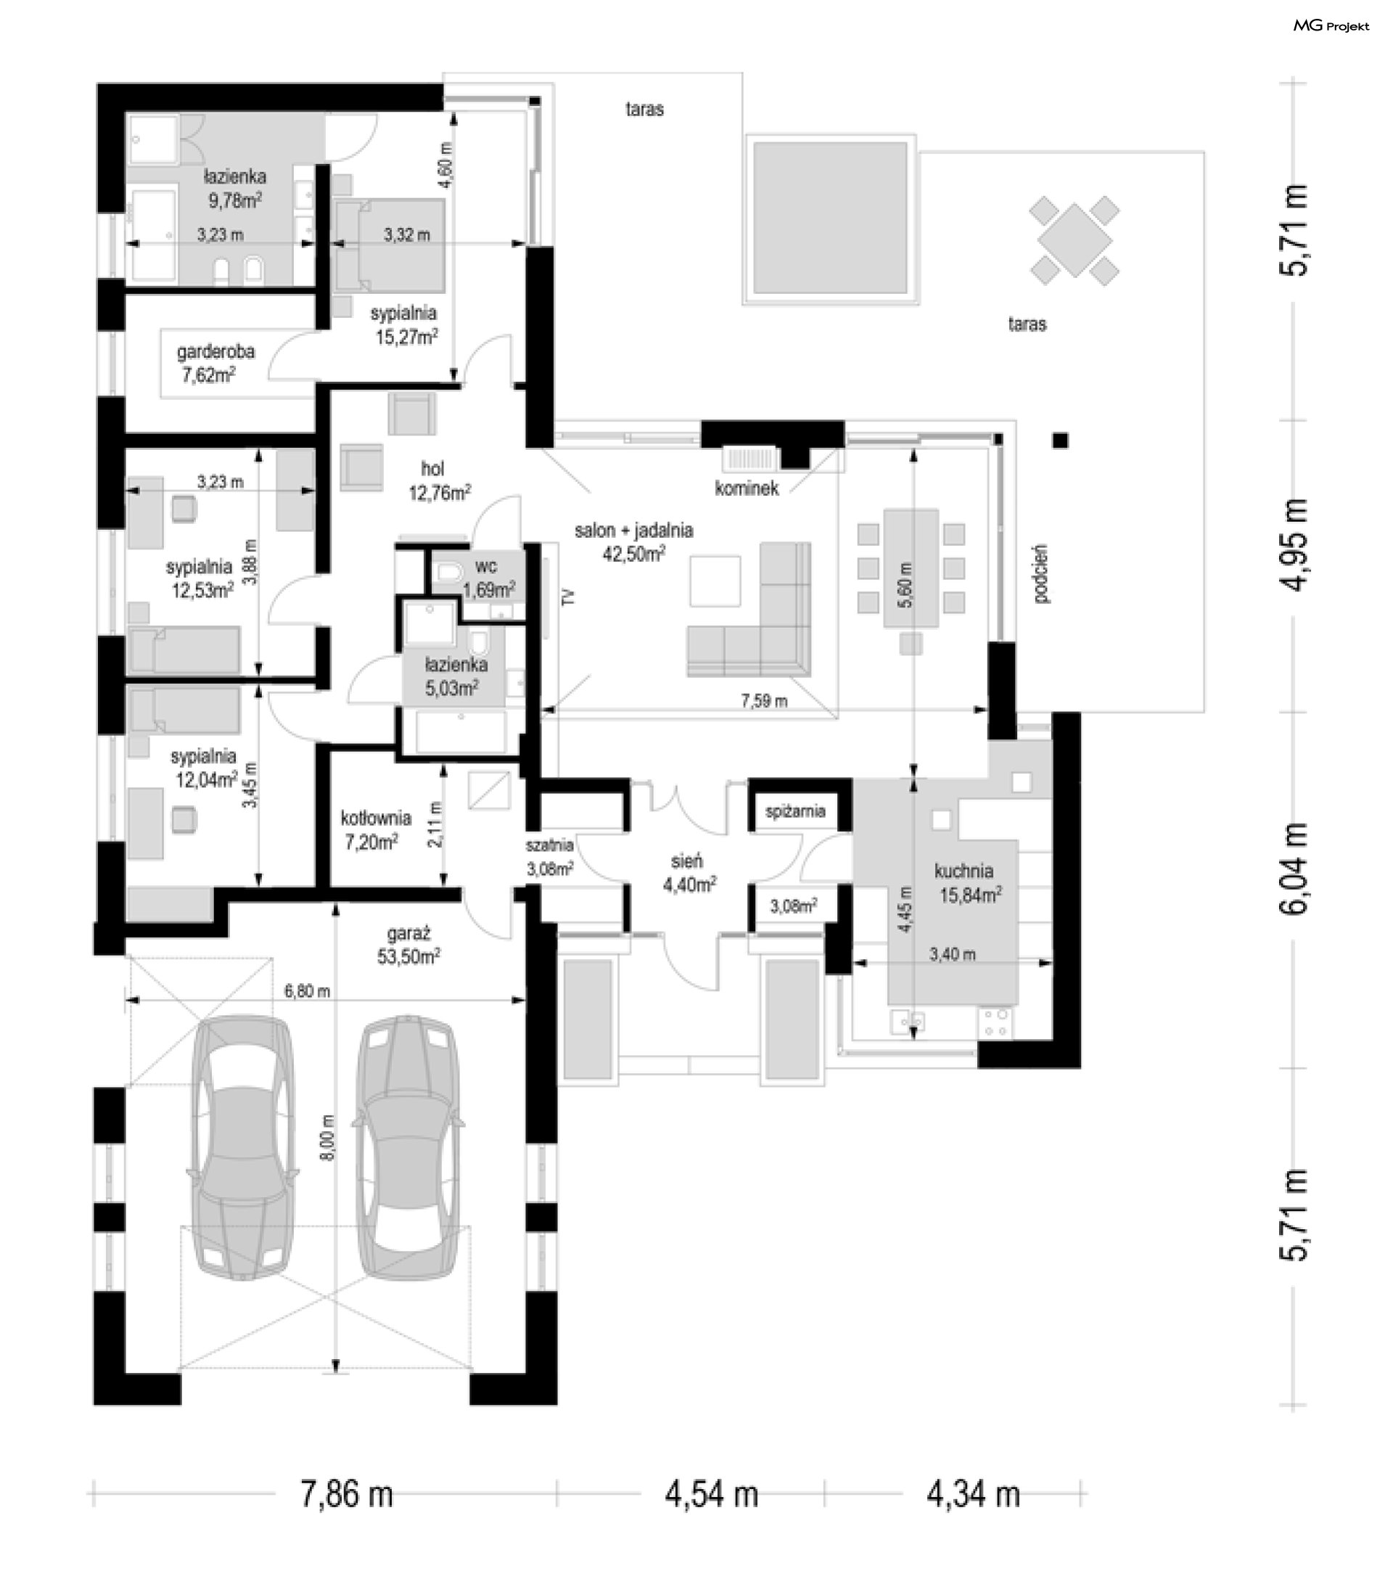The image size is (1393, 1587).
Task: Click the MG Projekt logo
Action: (x=1330, y=25)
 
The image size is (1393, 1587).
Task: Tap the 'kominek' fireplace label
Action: (x=746, y=488)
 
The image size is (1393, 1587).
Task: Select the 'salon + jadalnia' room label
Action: (x=633, y=530)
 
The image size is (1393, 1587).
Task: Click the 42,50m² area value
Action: (x=633, y=554)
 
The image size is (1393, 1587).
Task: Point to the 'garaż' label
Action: (x=408, y=933)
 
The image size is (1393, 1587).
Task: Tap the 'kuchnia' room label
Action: (x=963, y=870)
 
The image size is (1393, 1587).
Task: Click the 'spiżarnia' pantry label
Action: (x=795, y=811)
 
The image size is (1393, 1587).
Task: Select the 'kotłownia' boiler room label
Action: (x=375, y=818)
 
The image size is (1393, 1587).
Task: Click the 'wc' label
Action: (x=486, y=566)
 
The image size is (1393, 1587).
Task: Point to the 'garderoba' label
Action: (x=215, y=352)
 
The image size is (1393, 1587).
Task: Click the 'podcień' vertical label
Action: (x=1040, y=573)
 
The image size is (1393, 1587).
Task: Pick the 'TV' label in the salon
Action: (x=568, y=597)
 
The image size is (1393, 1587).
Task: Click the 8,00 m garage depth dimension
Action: (x=328, y=1136)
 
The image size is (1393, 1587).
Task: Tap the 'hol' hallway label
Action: (x=432, y=468)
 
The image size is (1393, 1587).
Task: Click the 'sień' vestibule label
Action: (x=687, y=861)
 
